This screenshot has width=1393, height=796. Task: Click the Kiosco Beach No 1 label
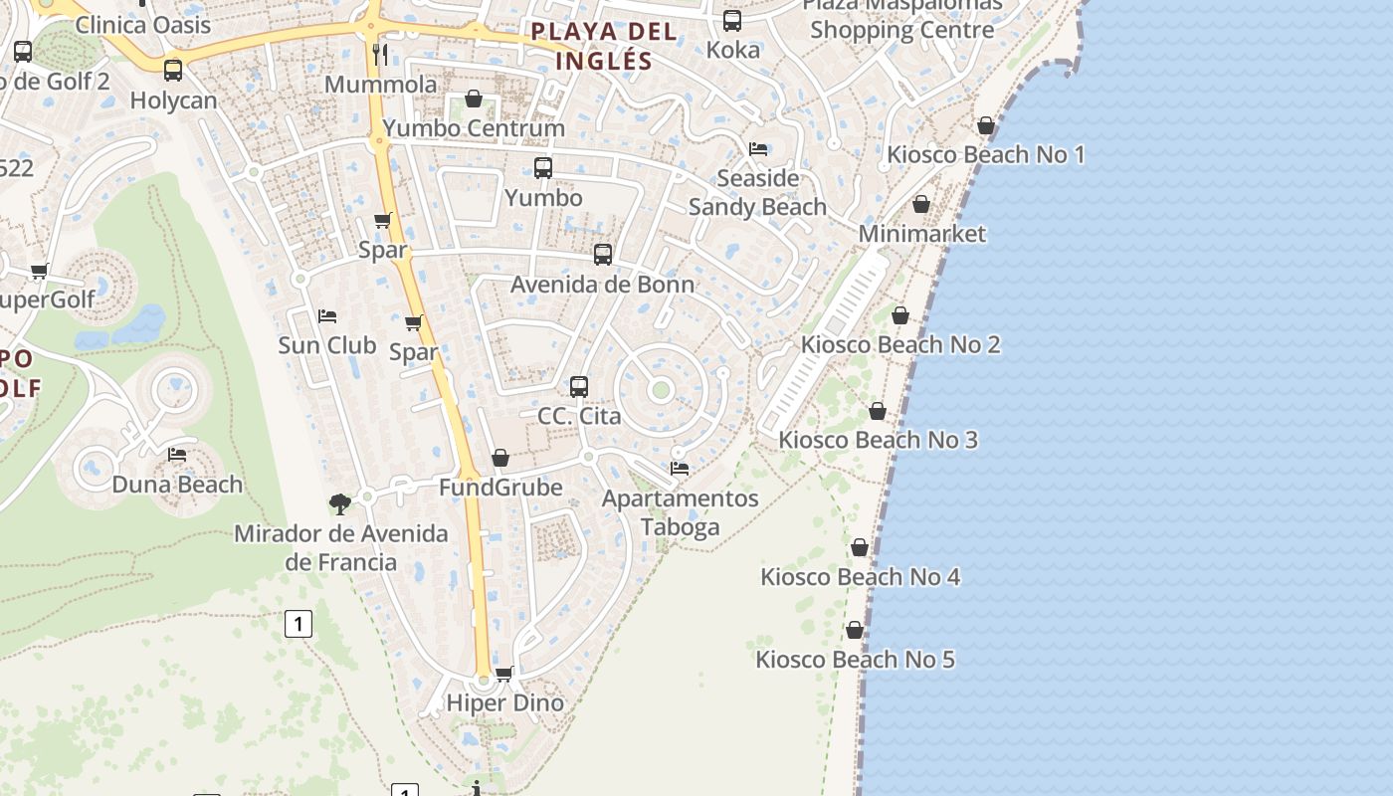point(985,154)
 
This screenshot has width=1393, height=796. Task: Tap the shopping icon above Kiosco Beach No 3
point(878,411)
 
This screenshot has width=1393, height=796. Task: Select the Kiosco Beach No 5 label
point(855,659)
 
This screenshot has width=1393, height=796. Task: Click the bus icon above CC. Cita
point(579,387)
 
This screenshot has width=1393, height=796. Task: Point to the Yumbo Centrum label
point(474,128)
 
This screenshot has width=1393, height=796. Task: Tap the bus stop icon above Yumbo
point(543,168)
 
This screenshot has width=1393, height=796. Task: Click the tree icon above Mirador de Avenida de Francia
point(340,504)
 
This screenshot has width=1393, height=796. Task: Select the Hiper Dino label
point(504,702)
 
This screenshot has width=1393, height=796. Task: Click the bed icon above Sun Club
point(327,316)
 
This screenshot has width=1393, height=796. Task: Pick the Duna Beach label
point(177,485)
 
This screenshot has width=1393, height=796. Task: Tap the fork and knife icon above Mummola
point(380,54)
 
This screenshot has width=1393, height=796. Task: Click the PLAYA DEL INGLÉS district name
point(604,46)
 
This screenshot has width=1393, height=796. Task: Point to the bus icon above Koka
point(732,20)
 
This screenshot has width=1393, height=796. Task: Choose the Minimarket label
point(921,234)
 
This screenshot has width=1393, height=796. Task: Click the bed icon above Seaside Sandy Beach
point(758,149)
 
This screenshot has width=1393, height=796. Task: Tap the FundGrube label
point(500,488)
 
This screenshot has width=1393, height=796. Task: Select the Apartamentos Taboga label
point(681,512)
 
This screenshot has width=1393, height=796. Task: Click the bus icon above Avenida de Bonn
point(603,255)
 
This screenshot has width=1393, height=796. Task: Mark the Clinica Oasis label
point(143,25)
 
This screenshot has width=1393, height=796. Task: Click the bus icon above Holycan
point(173,71)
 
